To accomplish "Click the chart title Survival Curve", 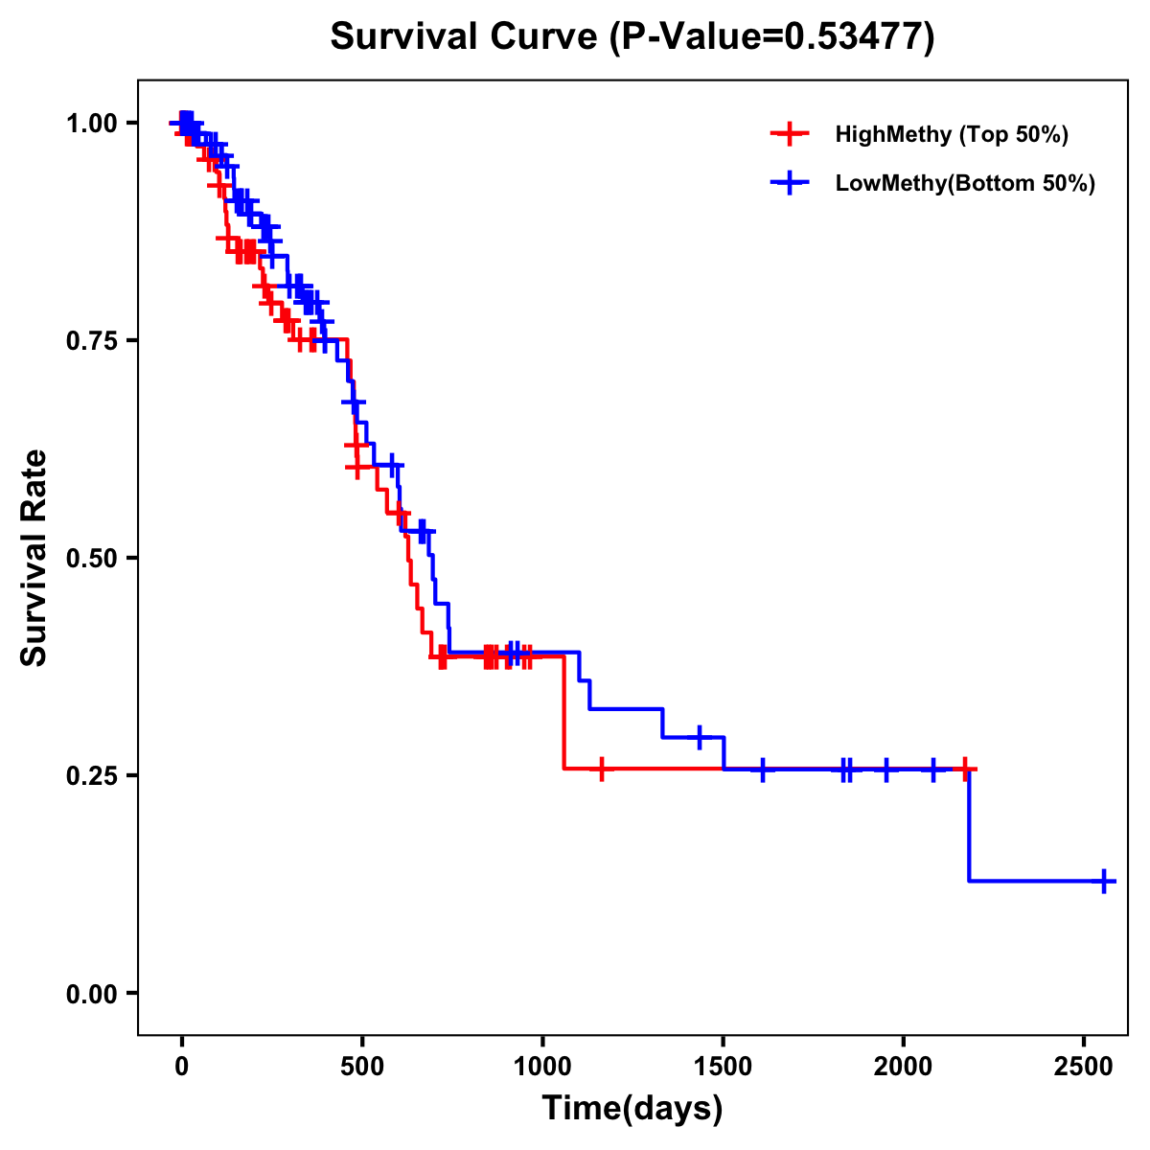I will point(632,36).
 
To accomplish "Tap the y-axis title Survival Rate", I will point(34,557).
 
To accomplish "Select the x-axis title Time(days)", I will point(632,1108).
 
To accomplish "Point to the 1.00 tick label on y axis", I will point(90,123).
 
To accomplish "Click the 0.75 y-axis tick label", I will point(90,340).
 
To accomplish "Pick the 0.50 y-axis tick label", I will point(90,558).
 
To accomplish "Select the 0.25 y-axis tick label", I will point(90,775).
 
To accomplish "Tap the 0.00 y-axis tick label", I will point(90,993).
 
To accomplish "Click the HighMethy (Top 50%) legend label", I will point(952,134).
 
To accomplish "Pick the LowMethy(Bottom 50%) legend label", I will point(965,183).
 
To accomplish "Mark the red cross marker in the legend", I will point(789,134).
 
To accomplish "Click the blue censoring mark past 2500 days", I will point(1104,881).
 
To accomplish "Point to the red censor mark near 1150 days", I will point(601,769).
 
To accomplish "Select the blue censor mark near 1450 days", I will point(700,737).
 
